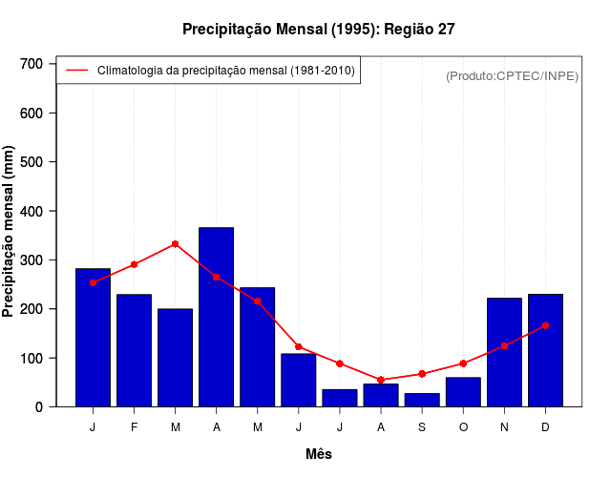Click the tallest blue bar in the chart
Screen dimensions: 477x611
click(x=216, y=317)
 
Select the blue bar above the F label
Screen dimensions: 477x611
click(x=134, y=350)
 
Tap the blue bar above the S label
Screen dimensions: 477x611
click(x=421, y=400)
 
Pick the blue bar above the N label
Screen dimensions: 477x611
click(x=504, y=352)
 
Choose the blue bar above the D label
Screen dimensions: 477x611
click(x=545, y=350)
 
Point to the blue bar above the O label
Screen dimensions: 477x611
click(x=463, y=392)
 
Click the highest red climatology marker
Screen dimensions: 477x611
click(x=175, y=244)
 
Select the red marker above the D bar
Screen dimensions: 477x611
click(x=545, y=325)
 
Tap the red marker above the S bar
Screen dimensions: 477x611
click(x=421, y=374)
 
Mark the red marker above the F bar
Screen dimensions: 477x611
click(x=134, y=264)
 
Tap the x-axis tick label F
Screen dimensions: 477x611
click(x=134, y=427)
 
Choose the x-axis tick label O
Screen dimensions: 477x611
click(x=463, y=427)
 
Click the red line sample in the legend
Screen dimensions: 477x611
click(x=76, y=70)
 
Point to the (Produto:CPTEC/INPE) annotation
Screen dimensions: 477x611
click(x=512, y=75)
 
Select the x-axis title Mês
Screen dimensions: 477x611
click(x=319, y=454)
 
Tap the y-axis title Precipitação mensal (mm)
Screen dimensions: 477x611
click(x=10, y=231)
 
